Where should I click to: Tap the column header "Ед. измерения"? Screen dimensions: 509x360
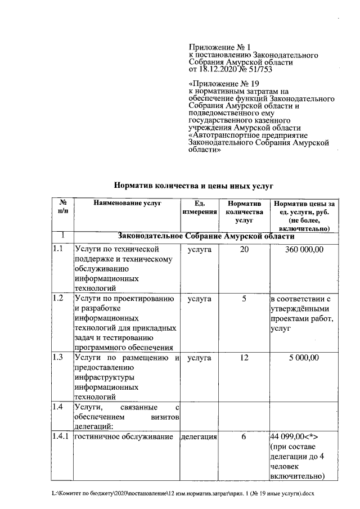(x=199, y=208)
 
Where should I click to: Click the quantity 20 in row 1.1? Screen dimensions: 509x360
(x=244, y=249)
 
